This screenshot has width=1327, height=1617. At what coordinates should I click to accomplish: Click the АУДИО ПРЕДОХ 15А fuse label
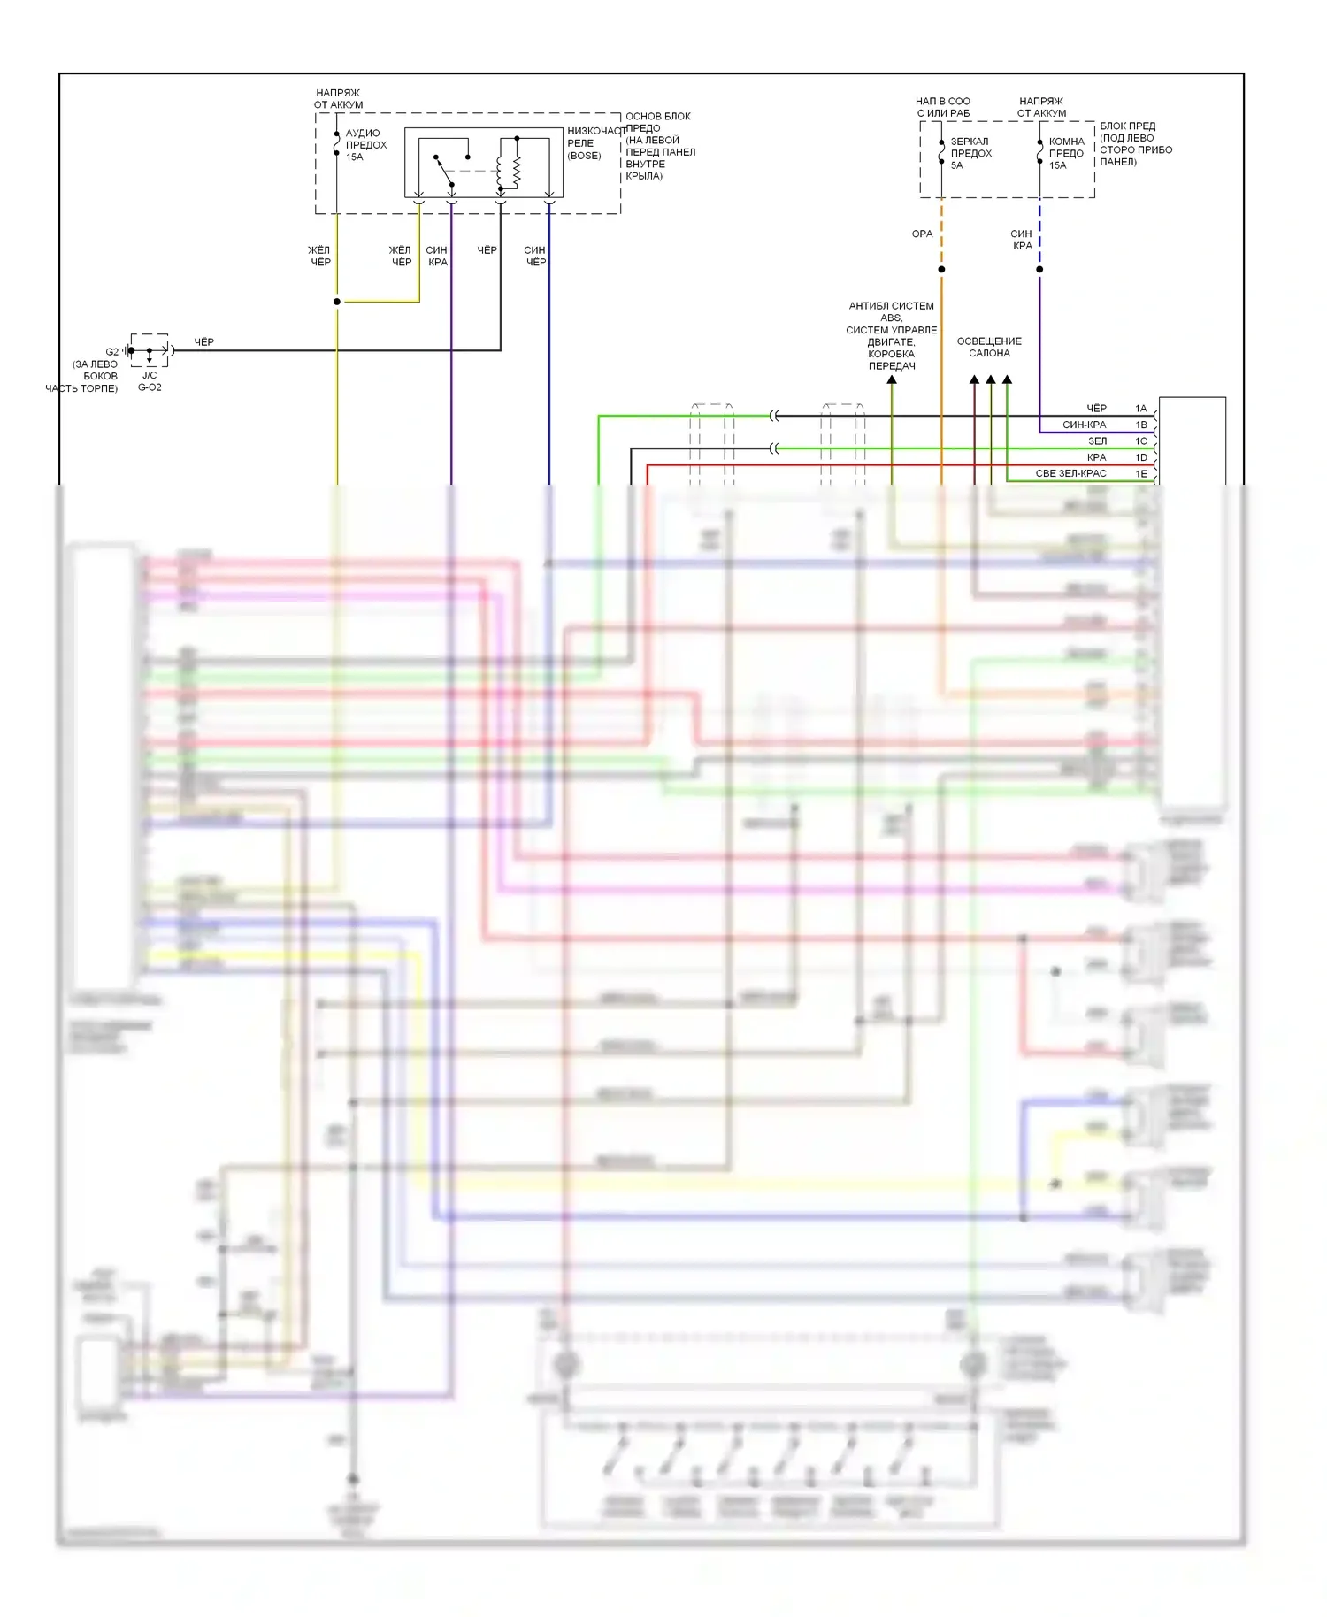point(365,145)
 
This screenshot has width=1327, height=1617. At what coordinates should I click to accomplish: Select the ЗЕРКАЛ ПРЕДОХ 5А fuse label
point(970,153)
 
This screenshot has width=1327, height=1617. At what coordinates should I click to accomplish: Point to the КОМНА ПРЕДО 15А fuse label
point(1066,153)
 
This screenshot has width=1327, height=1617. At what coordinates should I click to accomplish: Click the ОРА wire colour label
point(922,234)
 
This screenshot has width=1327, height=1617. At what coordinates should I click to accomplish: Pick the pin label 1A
point(1141,409)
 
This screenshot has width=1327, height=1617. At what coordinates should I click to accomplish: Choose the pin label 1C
point(1141,441)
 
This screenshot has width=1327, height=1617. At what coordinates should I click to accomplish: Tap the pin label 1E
point(1141,474)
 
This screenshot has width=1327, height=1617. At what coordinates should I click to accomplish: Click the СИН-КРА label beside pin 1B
point(1084,425)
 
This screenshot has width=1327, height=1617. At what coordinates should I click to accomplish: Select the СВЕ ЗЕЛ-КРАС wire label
point(1070,474)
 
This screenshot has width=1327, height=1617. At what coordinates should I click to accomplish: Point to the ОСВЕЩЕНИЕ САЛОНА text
point(989,348)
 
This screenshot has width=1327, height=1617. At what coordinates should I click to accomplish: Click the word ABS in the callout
point(891,318)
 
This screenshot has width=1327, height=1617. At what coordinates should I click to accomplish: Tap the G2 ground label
point(112,352)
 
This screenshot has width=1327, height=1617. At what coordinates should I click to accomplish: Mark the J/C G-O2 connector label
point(150,381)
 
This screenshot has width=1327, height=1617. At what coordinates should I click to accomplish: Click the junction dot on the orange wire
point(941,270)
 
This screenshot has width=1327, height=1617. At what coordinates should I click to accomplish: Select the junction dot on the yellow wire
point(337,302)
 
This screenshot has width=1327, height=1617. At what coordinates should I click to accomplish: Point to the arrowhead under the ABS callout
point(892,380)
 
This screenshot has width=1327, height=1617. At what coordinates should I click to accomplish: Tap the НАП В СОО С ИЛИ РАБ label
point(943,107)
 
